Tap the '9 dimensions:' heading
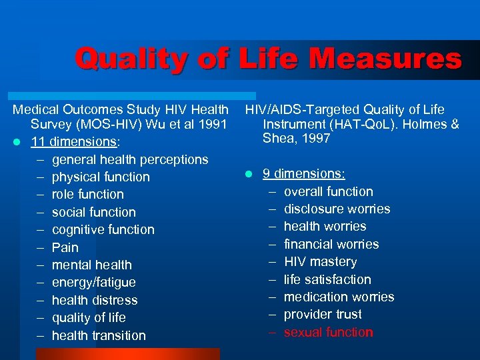(303, 173)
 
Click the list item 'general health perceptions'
(130, 159)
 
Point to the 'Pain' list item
(65, 247)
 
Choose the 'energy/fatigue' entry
(93, 283)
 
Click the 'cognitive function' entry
(103, 230)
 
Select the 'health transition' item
(99, 335)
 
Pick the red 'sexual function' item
(328, 332)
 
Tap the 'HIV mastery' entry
(320, 262)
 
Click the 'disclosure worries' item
(337, 209)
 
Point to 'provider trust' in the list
(323, 314)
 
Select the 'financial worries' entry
(331, 244)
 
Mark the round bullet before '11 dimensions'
(19, 142)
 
